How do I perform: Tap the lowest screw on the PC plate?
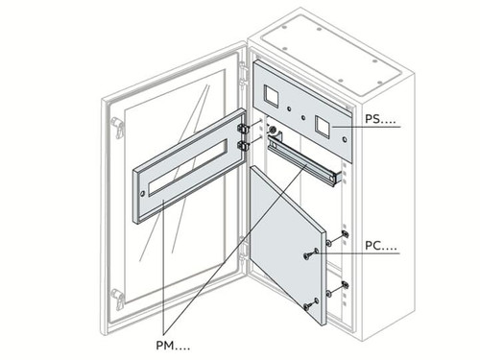point(309,305)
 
